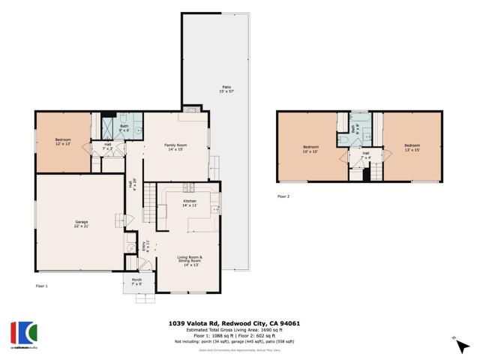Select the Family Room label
[175, 146]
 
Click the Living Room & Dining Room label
[190, 260]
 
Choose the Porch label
[136, 282]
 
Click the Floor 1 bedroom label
[62, 142]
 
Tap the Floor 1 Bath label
[124, 128]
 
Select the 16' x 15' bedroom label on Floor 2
[310, 148]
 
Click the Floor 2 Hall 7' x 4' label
[366, 155]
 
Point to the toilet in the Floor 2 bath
[353, 129]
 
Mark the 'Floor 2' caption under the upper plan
[283, 196]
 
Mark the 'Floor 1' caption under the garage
[42, 286]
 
